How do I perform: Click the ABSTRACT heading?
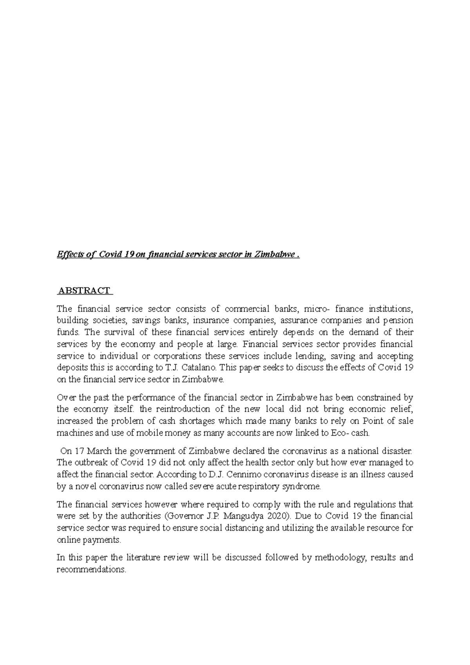84,291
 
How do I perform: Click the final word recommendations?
91,569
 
